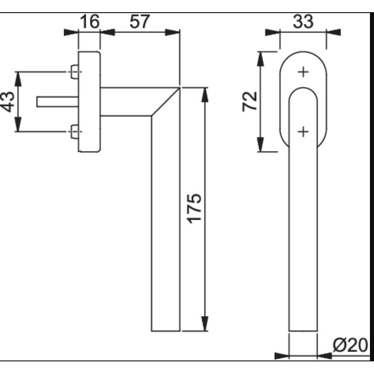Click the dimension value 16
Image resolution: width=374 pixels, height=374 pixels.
(x=89, y=22)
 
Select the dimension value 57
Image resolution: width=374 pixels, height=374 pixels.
(x=140, y=22)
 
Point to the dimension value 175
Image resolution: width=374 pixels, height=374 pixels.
(x=194, y=209)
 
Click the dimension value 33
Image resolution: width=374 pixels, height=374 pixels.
(x=303, y=22)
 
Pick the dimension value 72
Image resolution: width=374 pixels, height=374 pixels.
(x=249, y=102)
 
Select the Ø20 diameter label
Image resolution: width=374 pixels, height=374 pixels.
(x=350, y=346)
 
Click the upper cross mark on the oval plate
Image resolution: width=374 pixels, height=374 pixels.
(x=303, y=72)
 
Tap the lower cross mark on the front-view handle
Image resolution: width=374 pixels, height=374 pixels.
(x=303, y=132)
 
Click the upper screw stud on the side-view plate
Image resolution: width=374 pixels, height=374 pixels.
(x=74, y=72)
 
